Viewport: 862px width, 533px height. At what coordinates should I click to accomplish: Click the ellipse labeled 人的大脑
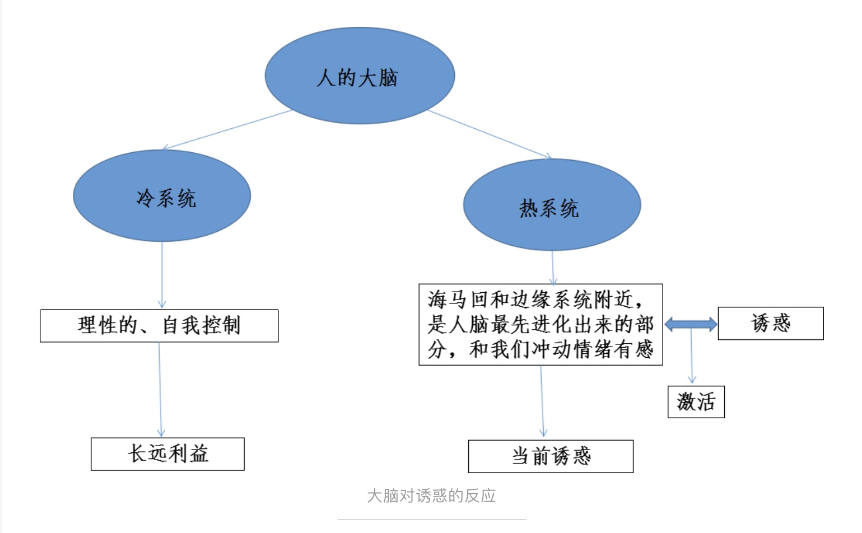point(360,76)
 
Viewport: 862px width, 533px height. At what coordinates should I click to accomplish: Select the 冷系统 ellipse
point(162,196)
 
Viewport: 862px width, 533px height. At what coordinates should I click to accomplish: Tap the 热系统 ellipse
point(552,205)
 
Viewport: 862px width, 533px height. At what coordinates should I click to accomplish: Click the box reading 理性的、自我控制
point(159,325)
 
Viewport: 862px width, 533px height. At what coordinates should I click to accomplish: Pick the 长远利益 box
point(167,454)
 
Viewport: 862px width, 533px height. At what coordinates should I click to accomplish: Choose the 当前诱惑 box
point(551,456)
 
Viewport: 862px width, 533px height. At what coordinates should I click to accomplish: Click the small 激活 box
point(696,401)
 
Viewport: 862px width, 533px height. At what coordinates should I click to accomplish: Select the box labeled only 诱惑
point(770,323)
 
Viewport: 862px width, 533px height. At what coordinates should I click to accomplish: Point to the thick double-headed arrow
point(691,324)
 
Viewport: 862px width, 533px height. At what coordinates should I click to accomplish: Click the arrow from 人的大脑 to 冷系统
point(227,130)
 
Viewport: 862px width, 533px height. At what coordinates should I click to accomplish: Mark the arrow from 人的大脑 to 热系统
point(489,134)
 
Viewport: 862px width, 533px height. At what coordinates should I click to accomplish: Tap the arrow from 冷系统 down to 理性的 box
point(162,274)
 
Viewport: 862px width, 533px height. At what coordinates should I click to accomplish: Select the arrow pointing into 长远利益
point(160,389)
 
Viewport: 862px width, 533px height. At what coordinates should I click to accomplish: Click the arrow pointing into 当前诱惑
point(542,400)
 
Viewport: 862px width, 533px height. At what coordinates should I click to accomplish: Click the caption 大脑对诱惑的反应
point(431,495)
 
